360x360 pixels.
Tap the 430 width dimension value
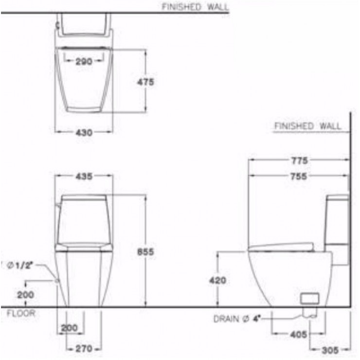tap(83, 132)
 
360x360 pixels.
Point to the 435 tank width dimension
tap(83, 177)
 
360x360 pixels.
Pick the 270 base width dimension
tap(83, 348)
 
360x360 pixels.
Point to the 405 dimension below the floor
tap(291, 335)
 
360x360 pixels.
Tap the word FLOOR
tap(21, 314)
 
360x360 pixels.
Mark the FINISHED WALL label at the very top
tap(194, 6)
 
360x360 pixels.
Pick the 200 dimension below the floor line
tap(69, 328)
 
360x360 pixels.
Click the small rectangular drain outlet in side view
tap(309, 297)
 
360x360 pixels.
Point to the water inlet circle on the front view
tap(58, 281)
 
